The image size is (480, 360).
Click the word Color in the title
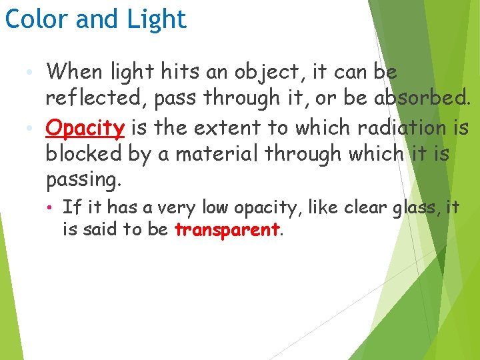coord(37,19)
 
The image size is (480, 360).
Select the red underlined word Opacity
coord(85,127)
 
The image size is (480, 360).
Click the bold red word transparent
coord(227,231)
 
